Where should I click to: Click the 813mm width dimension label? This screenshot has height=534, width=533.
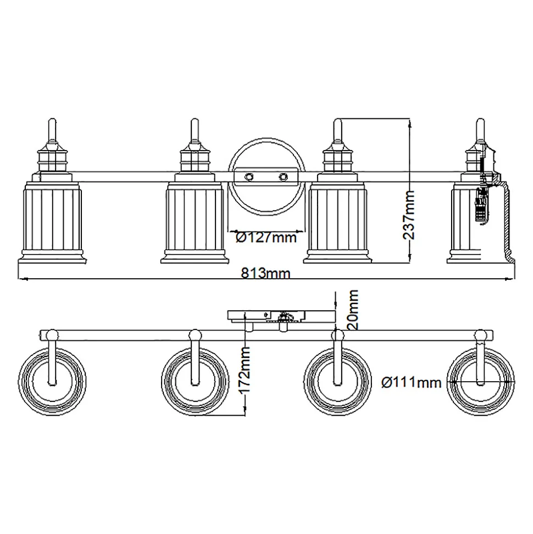(x=266, y=273)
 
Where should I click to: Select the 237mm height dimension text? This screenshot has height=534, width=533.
(x=409, y=215)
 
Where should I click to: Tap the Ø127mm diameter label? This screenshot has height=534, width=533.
(x=266, y=238)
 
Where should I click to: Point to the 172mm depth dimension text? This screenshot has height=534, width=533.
(x=245, y=370)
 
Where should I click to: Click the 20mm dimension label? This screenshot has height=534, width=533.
(x=353, y=309)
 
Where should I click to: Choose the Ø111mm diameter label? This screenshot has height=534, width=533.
(x=412, y=383)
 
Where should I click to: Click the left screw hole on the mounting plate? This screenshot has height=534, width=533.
(x=249, y=177)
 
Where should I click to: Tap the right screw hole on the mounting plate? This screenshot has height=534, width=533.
(x=283, y=177)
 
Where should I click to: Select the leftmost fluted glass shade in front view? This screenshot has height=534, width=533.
(x=52, y=222)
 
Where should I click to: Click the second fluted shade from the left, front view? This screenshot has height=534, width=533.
(x=195, y=222)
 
